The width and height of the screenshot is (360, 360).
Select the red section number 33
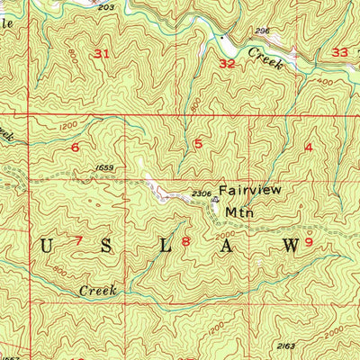pyautogui.click(x=338, y=53)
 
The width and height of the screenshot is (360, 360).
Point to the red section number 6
pyautogui.click(x=75, y=147)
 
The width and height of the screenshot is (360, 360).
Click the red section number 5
pyautogui.click(x=198, y=143)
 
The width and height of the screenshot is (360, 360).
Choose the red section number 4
pyautogui.click(x=309, y=147)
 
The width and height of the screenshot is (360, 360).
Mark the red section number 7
pyautogui.click(x=78, y=240)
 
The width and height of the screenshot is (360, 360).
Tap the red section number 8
pyautogui.click(x=186, y=241)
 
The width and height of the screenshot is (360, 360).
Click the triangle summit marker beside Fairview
pyautogui.click(x=215, y=201)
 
